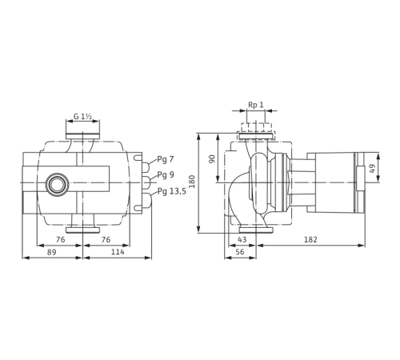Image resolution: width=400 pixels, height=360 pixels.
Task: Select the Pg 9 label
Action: pos(166,175)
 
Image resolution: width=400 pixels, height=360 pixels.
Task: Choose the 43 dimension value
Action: pos(242,239)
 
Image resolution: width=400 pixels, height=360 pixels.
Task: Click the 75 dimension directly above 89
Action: pos(60,239)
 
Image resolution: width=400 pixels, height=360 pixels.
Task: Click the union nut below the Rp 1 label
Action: pos(255,129)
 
